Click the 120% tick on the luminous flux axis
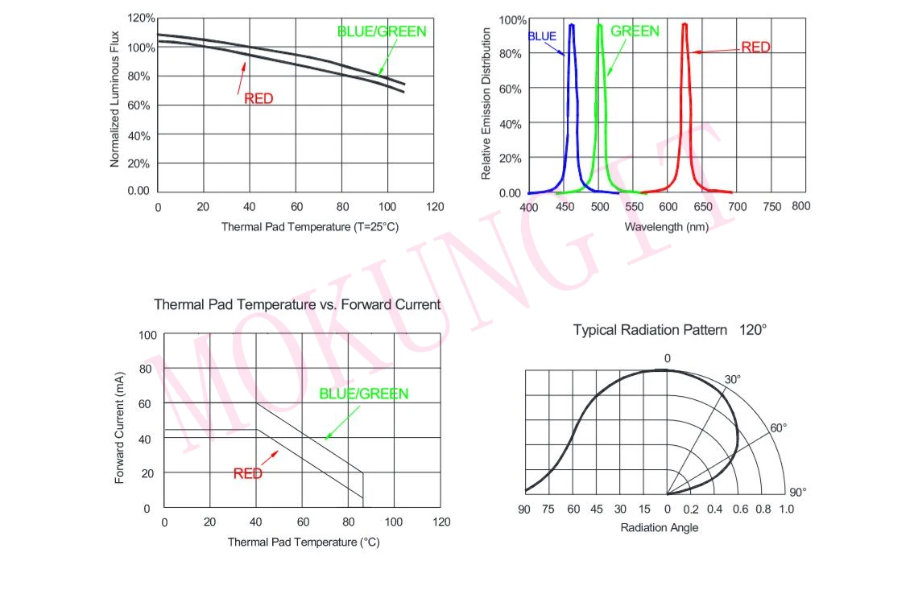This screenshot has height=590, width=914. [x=140, y=18]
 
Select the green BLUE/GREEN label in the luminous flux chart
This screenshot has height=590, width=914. [x=381, y=32]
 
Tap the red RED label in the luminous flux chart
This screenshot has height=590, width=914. [x=258, y=99]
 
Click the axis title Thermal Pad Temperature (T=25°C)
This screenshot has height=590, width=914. [x=310, y=227]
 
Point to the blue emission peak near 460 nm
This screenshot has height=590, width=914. [x=572, y=26]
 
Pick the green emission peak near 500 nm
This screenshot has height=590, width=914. [x=599, y=26]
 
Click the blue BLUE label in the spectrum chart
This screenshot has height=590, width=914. [x=542, y=36]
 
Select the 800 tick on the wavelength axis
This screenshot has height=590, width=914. [x=800, y=206]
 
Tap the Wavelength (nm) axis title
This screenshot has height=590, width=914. [x=667, y=227]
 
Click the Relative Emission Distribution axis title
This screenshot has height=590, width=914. [x=486, y=104]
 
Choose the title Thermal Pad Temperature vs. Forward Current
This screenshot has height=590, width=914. [x=297, y=305]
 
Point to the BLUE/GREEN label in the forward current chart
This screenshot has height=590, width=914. [x=364, y=394]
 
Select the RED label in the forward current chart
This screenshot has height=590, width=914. [x=248, y=474]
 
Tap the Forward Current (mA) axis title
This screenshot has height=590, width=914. [x=120, y=427]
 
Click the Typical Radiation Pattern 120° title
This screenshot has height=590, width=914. [x=670, y=330]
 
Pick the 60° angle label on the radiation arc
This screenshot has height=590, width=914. [x=778, y=428]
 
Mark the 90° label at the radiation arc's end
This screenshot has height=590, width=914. [x=797, y=493]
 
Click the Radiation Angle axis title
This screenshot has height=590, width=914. [x=660, y=528]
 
